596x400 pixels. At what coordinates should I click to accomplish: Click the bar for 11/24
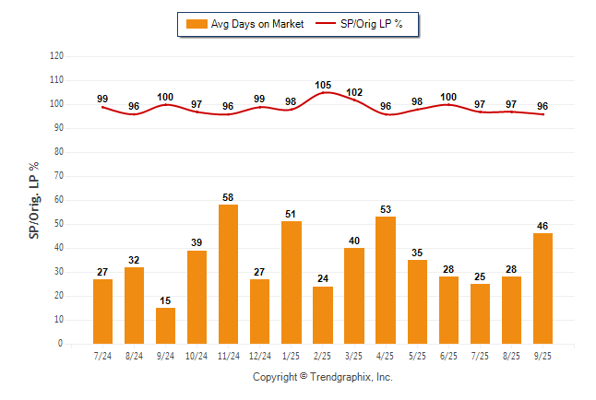click(228, 274)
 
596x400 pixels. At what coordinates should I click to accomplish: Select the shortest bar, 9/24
click(165, 325)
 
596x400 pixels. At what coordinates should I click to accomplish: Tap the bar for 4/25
click(386, 280)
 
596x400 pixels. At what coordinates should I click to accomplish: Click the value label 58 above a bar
click(228, 198)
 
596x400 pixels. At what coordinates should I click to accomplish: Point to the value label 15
click(165, 301)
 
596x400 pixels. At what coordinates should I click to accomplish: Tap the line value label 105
click(323, 85)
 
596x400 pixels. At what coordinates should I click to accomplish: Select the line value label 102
click(354, 92)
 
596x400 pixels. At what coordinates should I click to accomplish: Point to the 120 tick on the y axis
click(57, 56)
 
